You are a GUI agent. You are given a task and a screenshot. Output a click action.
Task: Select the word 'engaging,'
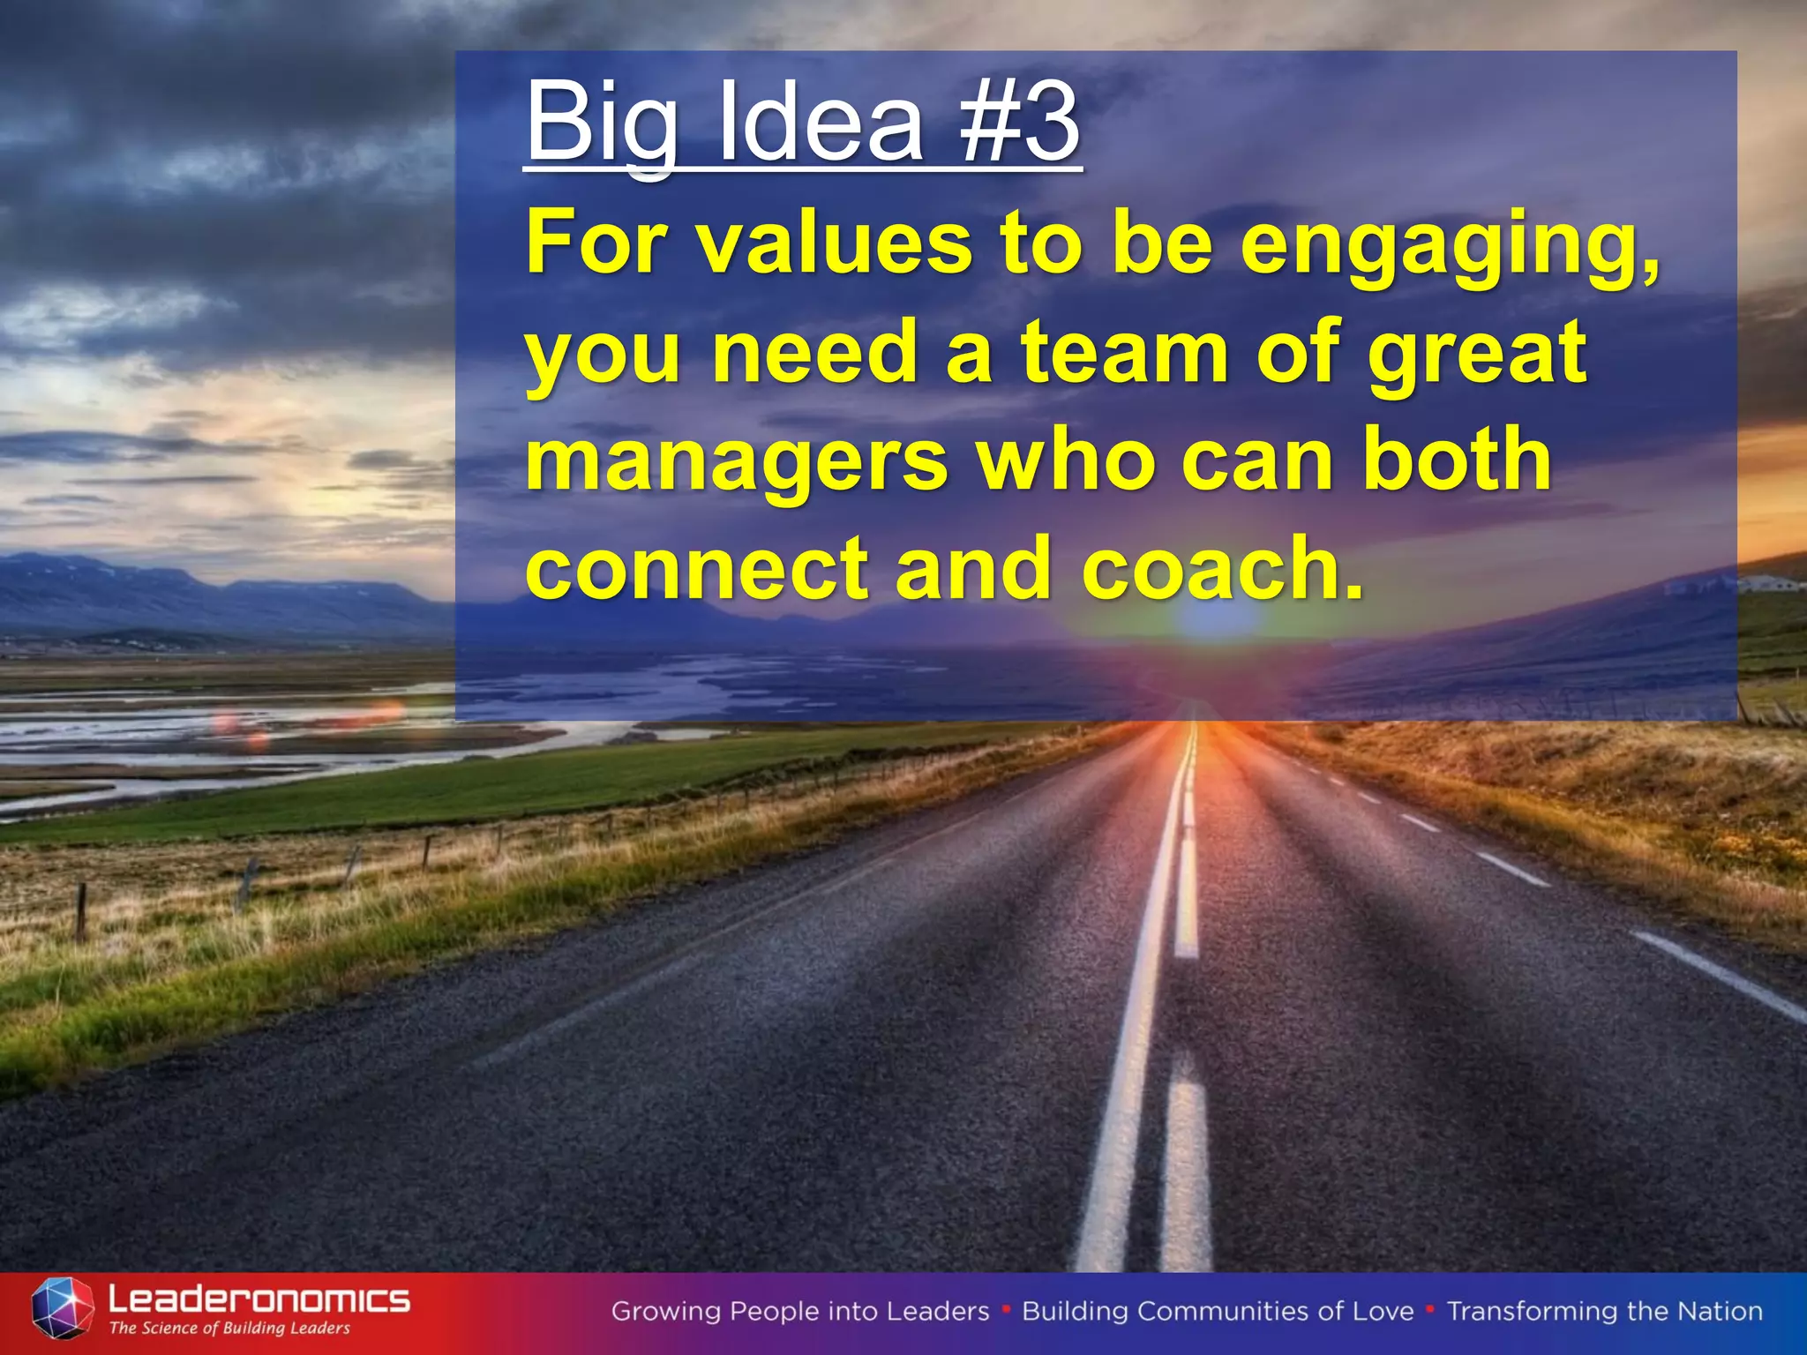click(1450, 247)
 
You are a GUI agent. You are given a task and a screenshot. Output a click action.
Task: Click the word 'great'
click(1477, 355)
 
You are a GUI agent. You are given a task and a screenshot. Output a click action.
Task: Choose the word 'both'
click(1457, 459)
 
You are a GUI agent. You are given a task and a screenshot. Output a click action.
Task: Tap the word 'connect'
click(697, 568)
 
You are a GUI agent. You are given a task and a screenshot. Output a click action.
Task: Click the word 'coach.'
click(1223, 568)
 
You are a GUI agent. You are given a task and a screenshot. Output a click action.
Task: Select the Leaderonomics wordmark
click(259, 1299)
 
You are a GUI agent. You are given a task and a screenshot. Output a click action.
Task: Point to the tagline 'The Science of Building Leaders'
click(229, 1329)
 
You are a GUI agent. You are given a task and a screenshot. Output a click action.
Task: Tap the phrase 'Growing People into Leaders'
click(800, 1312)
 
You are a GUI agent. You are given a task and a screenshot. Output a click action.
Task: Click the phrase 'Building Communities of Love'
click(1218, 1312)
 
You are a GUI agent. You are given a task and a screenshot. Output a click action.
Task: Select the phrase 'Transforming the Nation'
click(1605, 1312)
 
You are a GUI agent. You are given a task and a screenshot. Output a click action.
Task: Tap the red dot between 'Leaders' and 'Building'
click(1006, 1309)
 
